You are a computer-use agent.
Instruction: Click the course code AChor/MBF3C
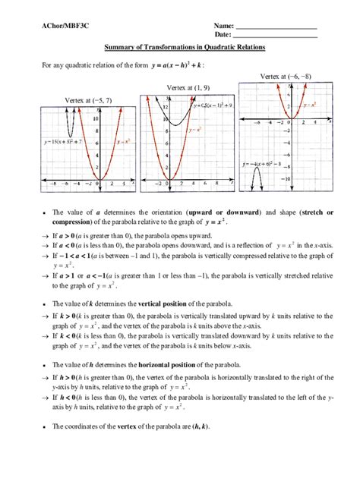pyautogui.click(x=62, y=27)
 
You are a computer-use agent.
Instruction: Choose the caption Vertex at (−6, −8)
pyautogui.click(x=286, y=77)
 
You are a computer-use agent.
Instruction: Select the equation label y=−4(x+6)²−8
pyautogui.click(x=261, y=163)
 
